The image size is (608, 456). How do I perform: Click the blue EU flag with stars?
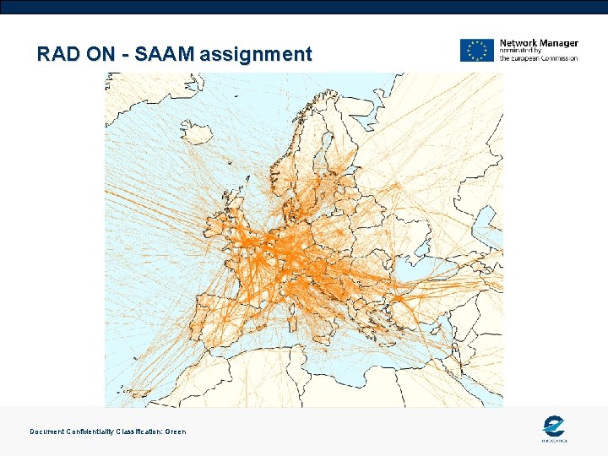[x=477, y=50]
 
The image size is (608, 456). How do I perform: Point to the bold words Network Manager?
[x=539, y=43]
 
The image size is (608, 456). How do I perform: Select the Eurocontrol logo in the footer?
[x=554, y=428]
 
